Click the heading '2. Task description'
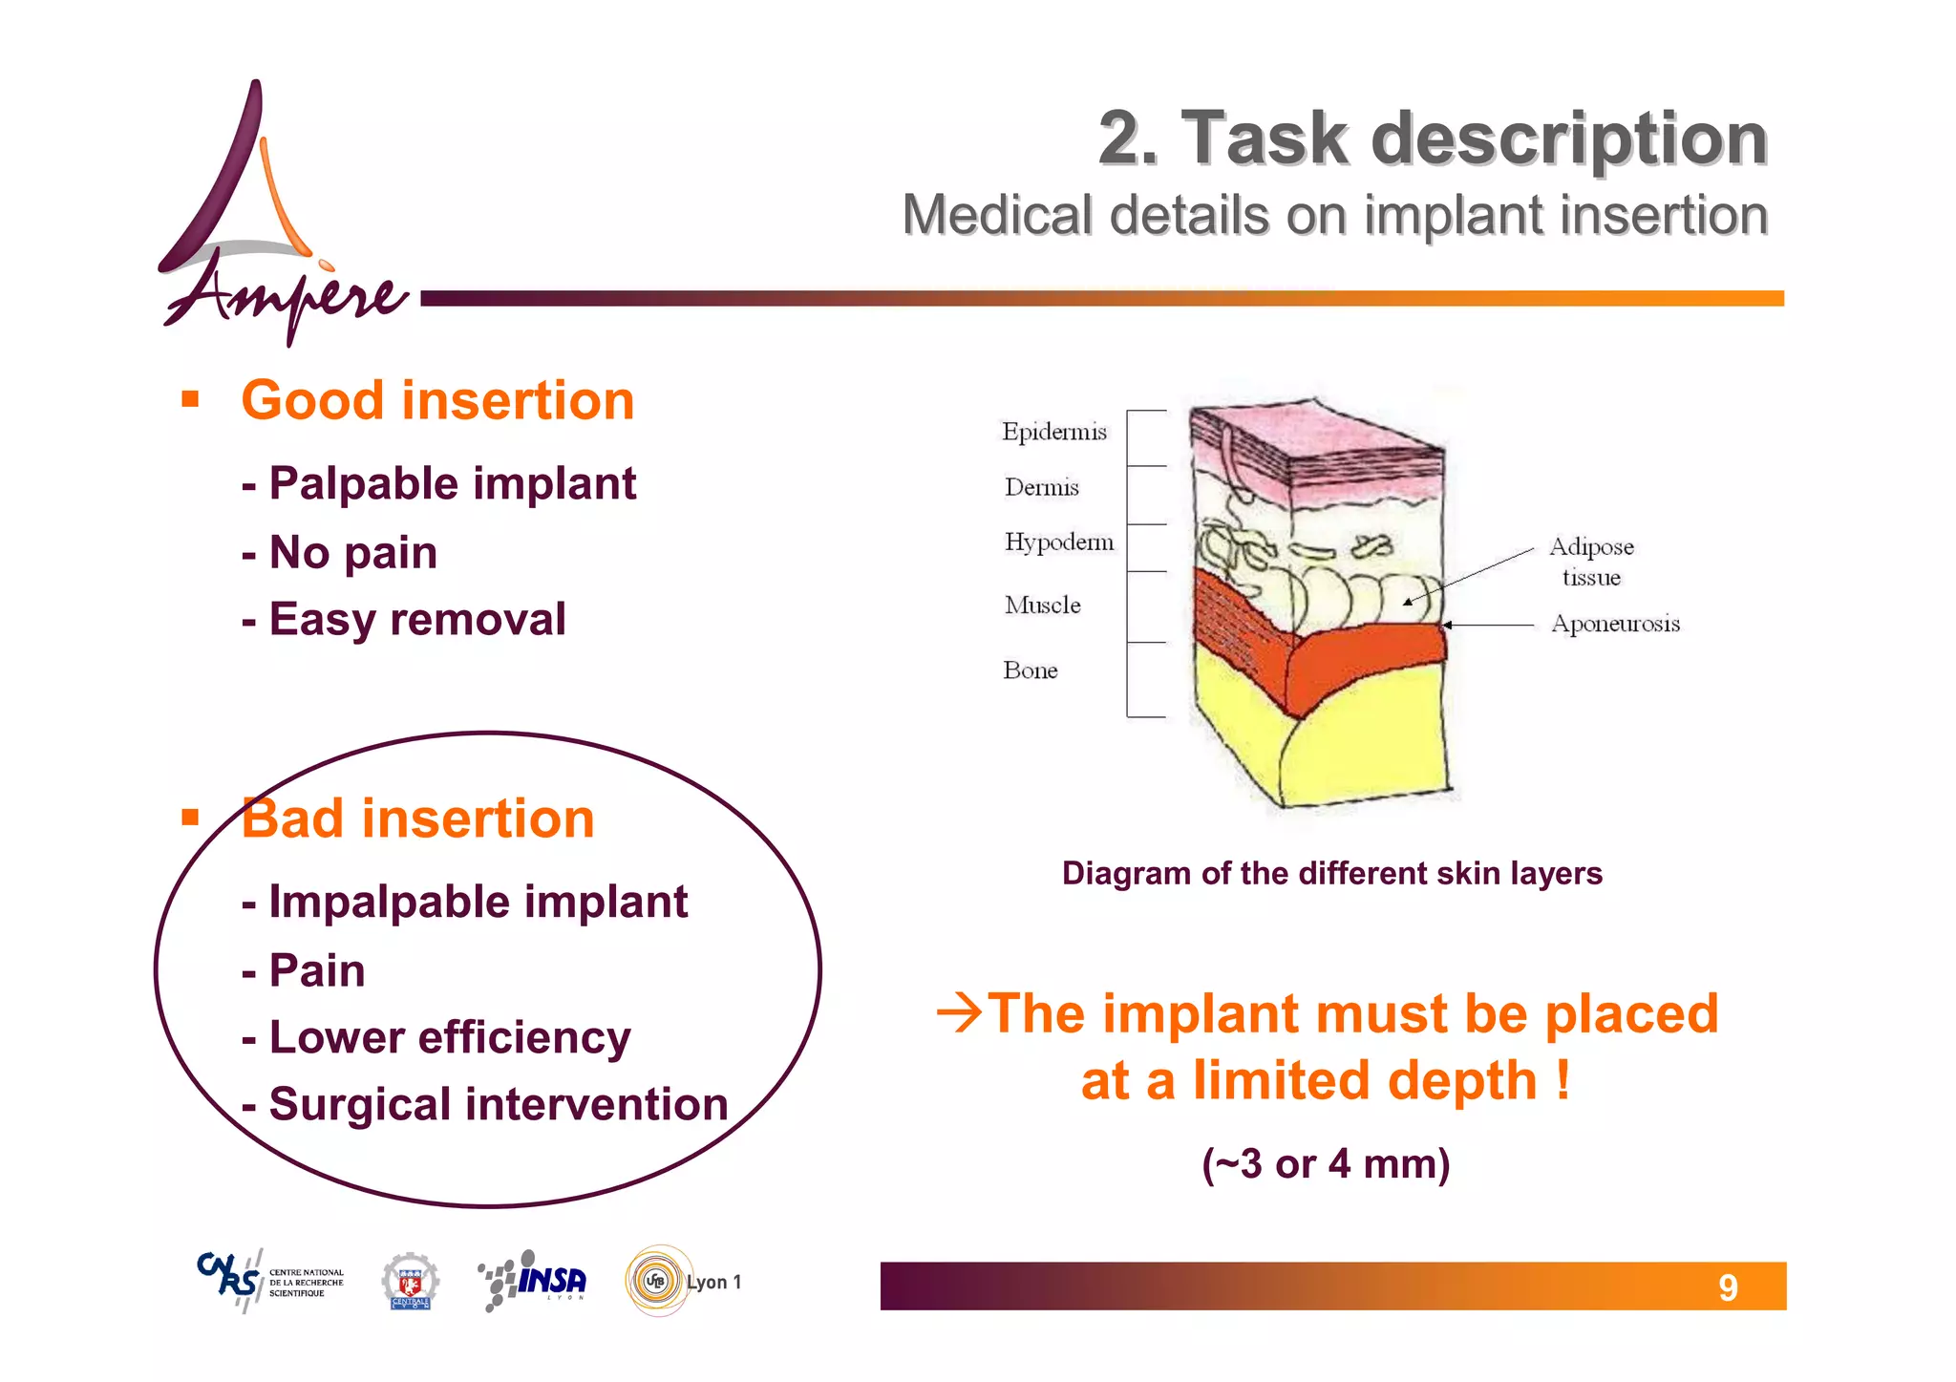point(1433,139)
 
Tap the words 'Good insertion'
point(437,400)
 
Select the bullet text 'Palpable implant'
point(452,483)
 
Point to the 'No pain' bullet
point(352,553)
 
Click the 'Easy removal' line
point(417,620)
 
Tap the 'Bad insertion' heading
point(417,819)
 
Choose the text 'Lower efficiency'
point(449,1038)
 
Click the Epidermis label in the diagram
point(1053,432)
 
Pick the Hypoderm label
point(1058,542)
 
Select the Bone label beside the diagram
point(1030,670)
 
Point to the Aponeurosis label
point(1615,624)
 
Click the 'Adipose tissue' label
point(1591,562)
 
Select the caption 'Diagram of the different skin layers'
point(1331,874)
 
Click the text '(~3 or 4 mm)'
point(1326,1164)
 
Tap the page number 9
point(1728,1288)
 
